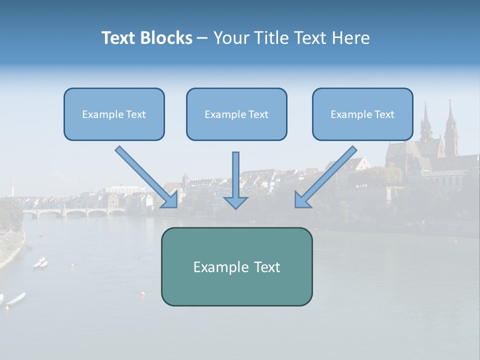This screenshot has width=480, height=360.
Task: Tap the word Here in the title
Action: tap(352, 38)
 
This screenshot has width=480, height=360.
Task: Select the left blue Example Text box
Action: tap(114, 114)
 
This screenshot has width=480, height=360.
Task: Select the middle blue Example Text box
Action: tap(236, 114)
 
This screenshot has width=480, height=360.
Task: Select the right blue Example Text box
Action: tap(362, 114)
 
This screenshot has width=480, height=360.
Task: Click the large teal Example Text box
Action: tap(236, 267)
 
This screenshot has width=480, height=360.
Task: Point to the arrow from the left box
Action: tap(145, 176)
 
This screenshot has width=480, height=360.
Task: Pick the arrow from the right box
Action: tap(327, 176)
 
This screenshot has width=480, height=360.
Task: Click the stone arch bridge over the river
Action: tap(75, 212)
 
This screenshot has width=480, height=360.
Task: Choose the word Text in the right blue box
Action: tap(384, 114)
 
